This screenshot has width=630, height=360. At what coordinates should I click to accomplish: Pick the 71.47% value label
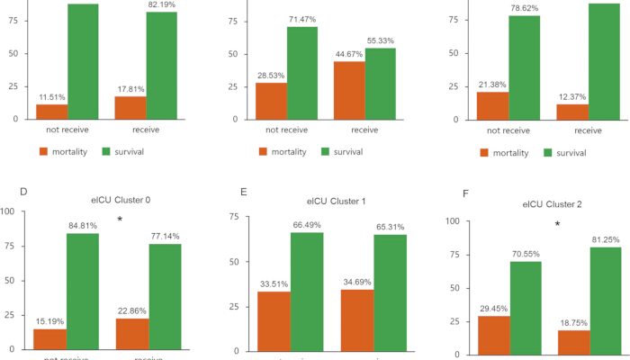click(302, 20)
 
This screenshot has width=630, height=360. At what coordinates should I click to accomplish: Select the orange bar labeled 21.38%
click(492, 104)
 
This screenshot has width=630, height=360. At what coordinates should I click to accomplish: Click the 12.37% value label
click(573, 97)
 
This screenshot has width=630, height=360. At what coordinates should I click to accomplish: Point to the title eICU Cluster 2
click(553, 204)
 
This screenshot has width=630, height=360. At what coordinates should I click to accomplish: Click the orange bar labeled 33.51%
click(274, 319)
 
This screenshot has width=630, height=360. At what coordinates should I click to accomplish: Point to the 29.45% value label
click(491, 308)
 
